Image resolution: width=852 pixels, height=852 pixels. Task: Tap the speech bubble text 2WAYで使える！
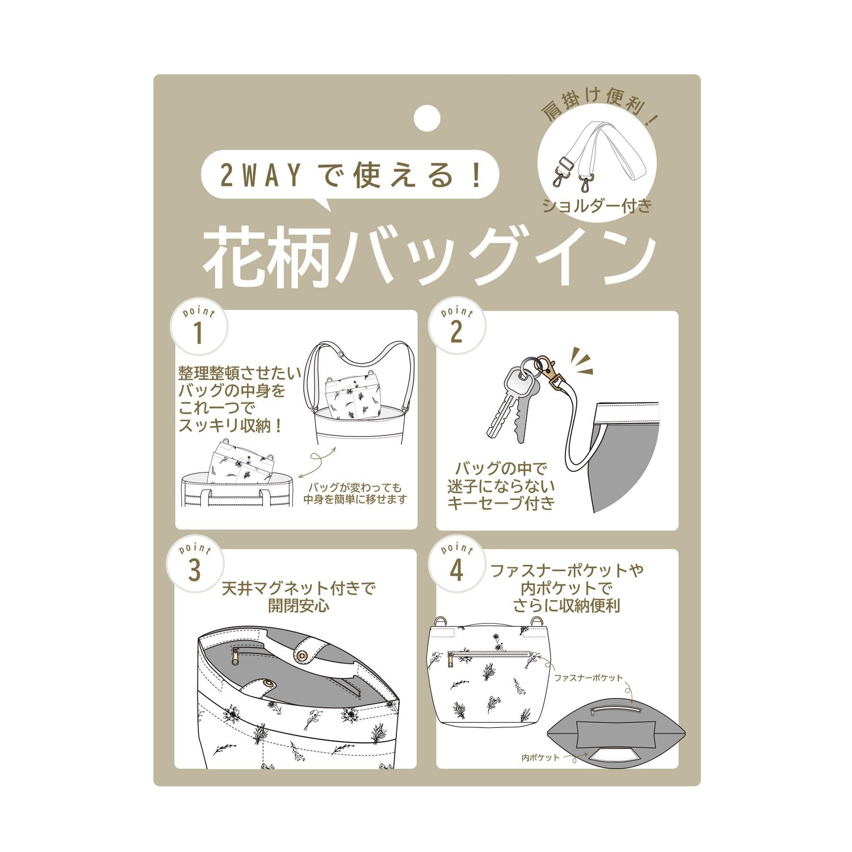pos(351,175)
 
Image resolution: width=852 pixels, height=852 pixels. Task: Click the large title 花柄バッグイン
pos(430,257)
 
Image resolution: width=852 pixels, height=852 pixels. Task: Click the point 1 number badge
pos(199,328)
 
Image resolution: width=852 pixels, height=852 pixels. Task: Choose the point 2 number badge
pos(457,328)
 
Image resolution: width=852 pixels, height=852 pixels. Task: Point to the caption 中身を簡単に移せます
pos(355,499)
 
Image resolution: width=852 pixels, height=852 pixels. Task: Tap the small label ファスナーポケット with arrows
pos(588,678)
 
